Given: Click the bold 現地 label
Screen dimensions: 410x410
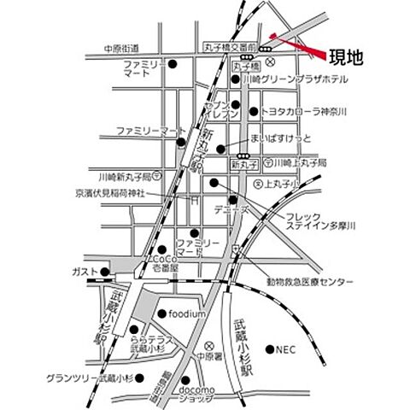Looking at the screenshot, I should tap(345, 58).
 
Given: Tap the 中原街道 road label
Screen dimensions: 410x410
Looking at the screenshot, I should tap(120, 49).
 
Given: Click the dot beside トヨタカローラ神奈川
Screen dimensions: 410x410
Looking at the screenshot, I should tap(253, 111).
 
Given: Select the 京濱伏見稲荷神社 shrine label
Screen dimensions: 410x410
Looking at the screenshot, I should tap(98, 194).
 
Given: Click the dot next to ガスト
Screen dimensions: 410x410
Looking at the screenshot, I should tap(105, 272).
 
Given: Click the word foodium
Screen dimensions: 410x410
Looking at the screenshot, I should tap(188, 313).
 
